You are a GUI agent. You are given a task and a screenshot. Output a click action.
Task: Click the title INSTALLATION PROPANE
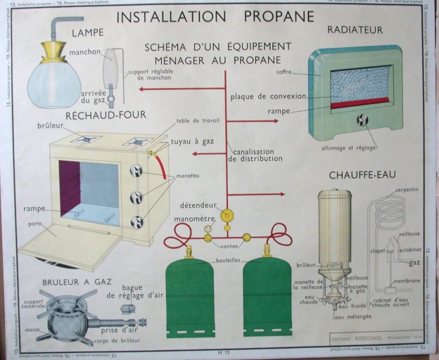215,16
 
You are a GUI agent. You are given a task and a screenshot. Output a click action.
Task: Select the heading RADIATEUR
355,30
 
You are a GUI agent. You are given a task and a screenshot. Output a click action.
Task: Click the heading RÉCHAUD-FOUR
106,115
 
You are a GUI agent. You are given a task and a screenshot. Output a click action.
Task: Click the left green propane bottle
190,295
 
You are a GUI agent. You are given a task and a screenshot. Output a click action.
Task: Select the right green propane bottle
267,295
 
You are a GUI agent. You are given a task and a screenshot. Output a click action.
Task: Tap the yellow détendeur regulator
227,215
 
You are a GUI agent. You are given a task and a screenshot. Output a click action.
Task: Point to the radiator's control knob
362,120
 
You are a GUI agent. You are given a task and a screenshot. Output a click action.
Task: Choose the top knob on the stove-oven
136,171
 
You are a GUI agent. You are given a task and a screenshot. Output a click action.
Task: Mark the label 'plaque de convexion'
268,96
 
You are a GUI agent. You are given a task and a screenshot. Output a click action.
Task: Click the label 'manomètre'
194,219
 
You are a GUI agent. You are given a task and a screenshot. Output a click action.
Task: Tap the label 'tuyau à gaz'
192,141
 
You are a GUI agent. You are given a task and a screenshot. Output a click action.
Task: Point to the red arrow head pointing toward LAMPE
142,89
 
